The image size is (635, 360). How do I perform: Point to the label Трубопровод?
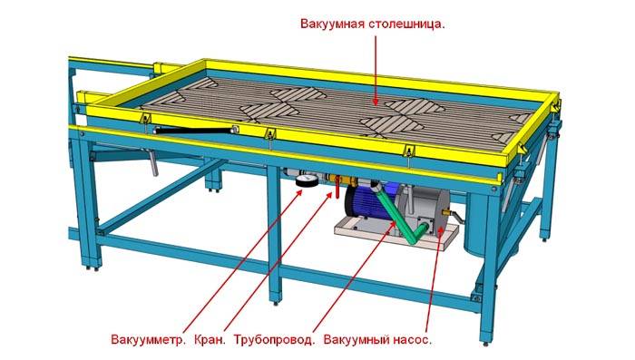click(274, 341)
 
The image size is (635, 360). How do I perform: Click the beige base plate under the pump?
click(363, 233)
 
